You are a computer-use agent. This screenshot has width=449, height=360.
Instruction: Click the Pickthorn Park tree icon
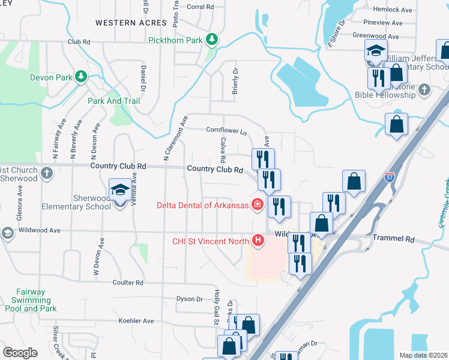click(211, 40)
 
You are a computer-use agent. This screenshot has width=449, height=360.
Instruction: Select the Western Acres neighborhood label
click(130, 22)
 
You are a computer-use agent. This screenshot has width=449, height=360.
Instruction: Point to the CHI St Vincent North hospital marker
click(258, 241)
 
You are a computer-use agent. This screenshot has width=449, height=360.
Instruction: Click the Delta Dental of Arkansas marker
click(257, 205)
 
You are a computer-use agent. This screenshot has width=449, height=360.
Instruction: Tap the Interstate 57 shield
click(389, 177)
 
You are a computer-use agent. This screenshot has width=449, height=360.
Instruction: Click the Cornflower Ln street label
click(226, 130)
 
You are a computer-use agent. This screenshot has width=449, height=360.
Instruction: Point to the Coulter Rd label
click(128, 282)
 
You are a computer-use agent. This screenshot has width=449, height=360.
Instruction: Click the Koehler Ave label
click(136, 321)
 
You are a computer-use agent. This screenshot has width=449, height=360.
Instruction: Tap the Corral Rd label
click(200, 7)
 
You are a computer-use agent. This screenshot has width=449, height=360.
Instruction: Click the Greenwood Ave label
click(376, 36)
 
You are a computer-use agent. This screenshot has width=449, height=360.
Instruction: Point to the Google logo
click(20, 352)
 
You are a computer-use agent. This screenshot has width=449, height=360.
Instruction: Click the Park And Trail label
click(113, 101)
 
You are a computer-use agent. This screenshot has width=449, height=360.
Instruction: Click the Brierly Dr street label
click(235, 80)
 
